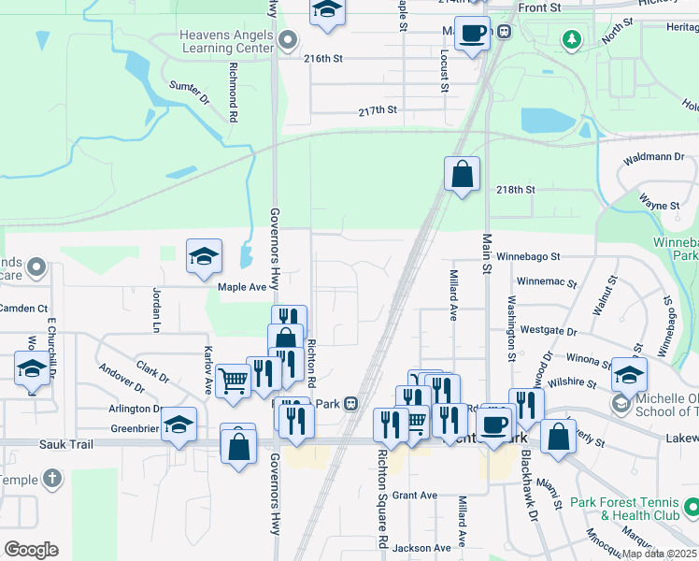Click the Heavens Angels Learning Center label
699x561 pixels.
click(x=226, y=41)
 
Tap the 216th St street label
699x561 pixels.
click(x=323, y=58)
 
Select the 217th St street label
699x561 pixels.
click(x=378, y=110)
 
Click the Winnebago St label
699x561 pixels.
click(x=528, y=255)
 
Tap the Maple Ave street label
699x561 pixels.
click(x=242, y=287)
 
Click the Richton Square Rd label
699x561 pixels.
click(x=383, y=498)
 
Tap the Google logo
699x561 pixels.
click(x=31, y=550)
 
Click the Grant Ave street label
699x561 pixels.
click(x=415, y=495)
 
